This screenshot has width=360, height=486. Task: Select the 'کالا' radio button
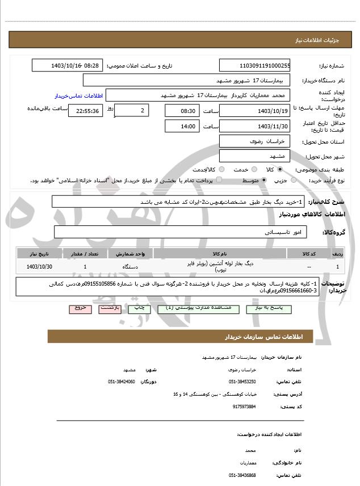tap(280, 169)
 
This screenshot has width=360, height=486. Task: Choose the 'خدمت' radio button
tap(253, 169)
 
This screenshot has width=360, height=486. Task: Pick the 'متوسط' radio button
tap(263, 180)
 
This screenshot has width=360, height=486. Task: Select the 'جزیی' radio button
tap(294, 180)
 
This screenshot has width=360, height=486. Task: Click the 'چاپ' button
tap(139, 308)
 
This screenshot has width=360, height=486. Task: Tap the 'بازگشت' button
tap(109, 308)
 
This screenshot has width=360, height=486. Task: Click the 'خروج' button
tap(79, 308)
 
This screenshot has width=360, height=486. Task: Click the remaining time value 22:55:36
tap(85, 111)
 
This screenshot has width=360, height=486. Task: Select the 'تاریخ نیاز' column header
tap(40, 254)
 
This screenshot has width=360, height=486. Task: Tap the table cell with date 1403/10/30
tap(40, 266)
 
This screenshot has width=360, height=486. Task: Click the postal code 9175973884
tap(244, 407)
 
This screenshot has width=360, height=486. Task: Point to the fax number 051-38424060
tap(122, 382)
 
